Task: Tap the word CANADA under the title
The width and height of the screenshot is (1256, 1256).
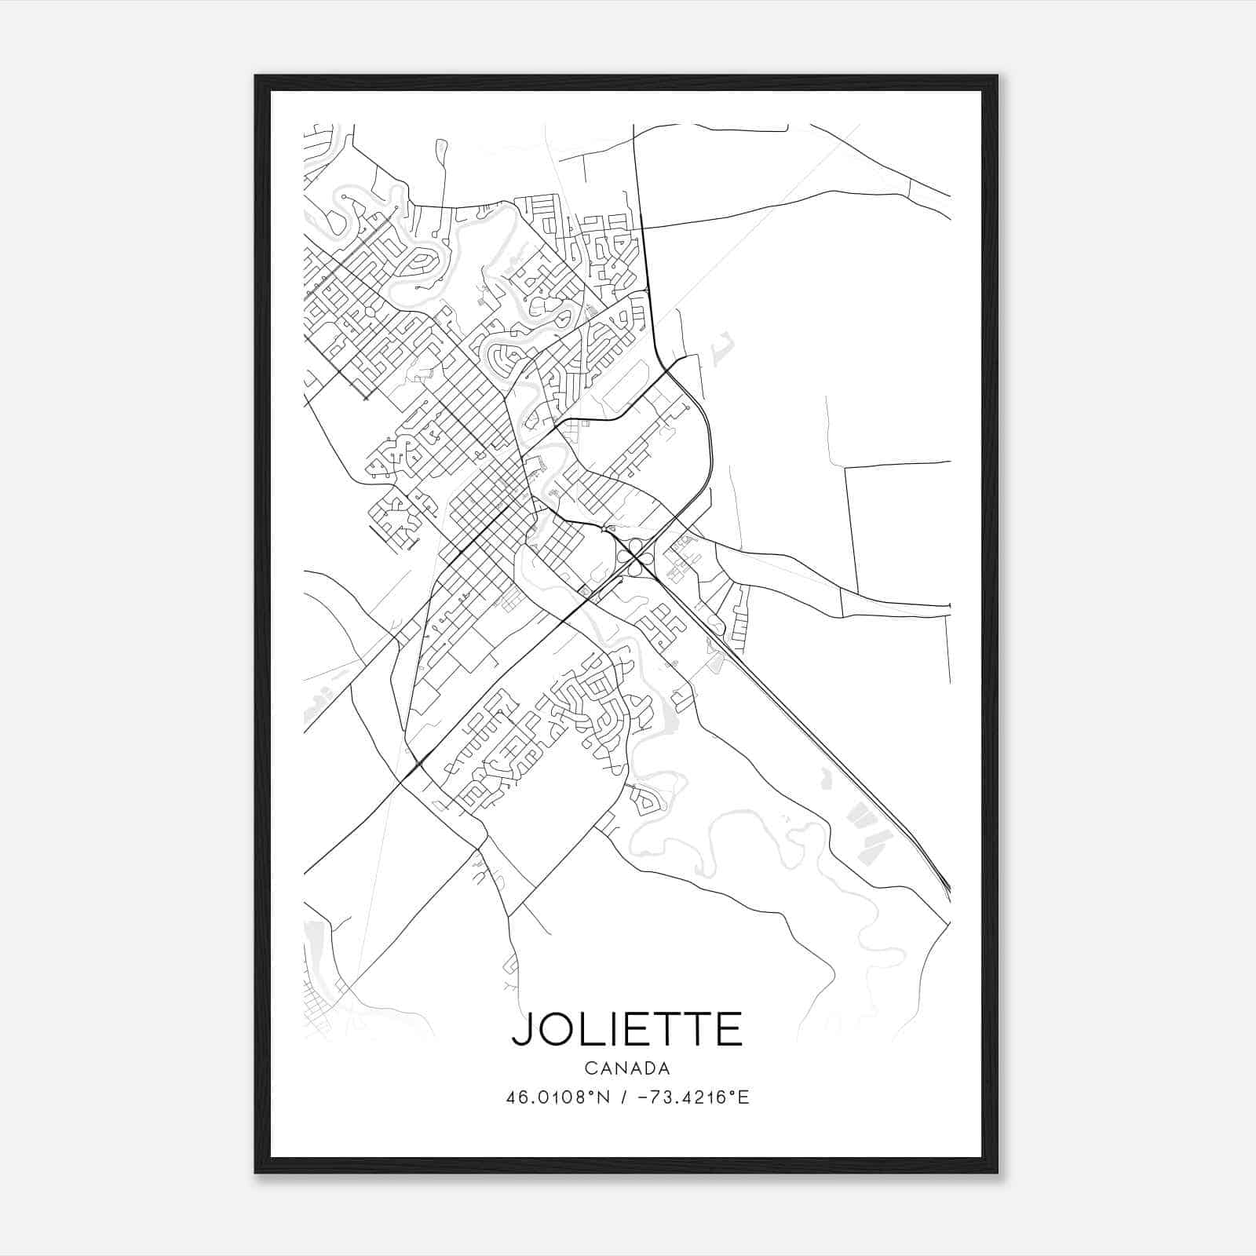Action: pos(627,1068)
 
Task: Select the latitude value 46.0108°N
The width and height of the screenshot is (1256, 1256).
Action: pos(558,1097)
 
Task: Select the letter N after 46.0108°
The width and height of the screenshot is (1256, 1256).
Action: pos(604,1097)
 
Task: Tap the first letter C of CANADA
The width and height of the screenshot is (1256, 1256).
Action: pos(590,1068)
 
